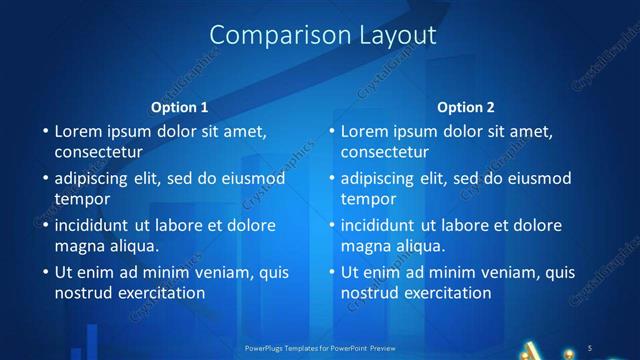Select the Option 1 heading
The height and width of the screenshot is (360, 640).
[x=180, y=107]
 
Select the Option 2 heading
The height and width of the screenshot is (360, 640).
[x=466, y=107]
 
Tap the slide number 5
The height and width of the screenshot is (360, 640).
[x=591, y=347]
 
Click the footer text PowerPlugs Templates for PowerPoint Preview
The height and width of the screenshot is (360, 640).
[x=319, y=348]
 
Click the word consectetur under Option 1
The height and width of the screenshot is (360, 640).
[x=97, y=152]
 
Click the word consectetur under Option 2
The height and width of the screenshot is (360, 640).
[x=383, y=152]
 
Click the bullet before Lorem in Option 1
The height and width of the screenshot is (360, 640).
[x=45, y=131]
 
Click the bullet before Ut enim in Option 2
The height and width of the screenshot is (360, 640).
[x=331, y=272]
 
